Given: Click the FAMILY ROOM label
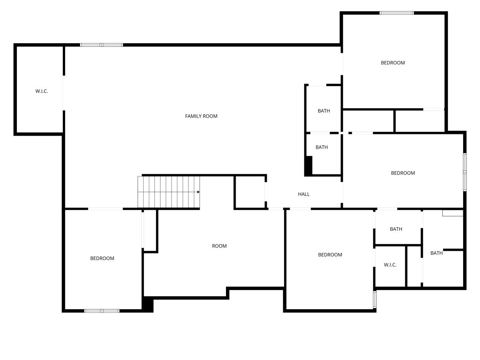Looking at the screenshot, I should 201,116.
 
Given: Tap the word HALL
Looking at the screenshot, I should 304,194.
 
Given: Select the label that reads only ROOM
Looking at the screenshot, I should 219,246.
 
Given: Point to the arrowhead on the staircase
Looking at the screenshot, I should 198,192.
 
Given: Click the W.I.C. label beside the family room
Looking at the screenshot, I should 42,91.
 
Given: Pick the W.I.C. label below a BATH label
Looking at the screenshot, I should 390,265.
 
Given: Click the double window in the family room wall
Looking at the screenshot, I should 101,45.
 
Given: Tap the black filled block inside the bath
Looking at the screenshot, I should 308,165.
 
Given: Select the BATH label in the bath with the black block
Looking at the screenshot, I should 322,147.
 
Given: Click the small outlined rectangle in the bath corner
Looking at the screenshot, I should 452,213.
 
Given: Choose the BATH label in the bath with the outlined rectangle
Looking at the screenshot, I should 436,253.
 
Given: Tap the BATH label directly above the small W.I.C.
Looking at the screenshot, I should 396,229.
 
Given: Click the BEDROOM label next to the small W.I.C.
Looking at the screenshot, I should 330,255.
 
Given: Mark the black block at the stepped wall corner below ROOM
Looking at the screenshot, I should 148,304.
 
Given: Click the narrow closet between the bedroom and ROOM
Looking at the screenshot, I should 150,231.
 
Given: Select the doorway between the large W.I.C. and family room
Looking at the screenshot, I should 63,92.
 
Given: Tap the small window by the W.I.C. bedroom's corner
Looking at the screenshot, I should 375,299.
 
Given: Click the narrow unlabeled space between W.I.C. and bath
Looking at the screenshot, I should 414,266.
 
